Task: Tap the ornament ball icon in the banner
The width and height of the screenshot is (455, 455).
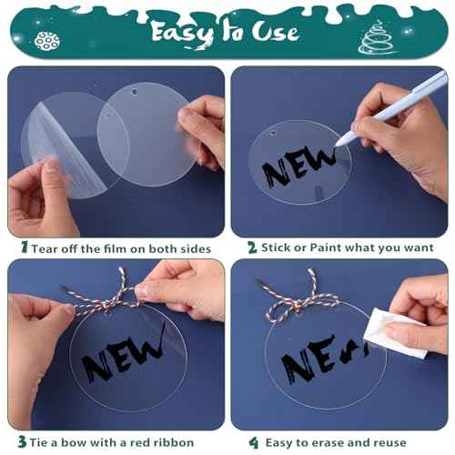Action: [x=47, y=41]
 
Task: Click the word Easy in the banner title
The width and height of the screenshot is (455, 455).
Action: [x=182, y=33]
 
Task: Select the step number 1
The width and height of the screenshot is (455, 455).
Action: [x=25, y=248]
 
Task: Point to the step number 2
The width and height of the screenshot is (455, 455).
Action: [x=252, y=248]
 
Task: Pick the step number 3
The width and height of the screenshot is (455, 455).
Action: [x=22, y=441]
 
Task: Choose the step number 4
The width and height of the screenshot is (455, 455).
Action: [x=254, y=442]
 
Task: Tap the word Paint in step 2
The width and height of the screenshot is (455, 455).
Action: [x=326, y=248]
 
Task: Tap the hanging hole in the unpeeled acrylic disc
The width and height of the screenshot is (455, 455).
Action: [x=134, y=91]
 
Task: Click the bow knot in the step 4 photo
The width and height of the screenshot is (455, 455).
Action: [x=298, y=303]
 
